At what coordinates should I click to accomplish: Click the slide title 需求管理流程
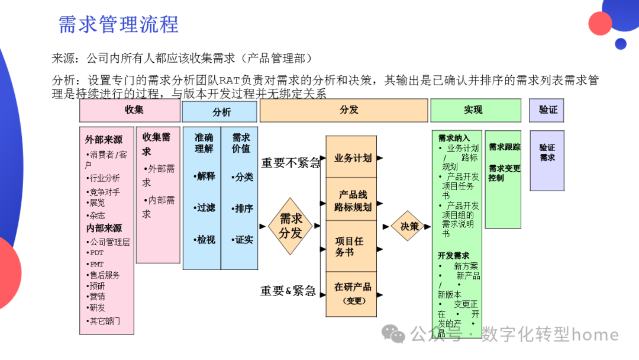[118, 24]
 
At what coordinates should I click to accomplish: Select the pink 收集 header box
[130, 110]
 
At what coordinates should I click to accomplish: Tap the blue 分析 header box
[220, 111]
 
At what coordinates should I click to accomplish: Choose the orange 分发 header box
[344, 110]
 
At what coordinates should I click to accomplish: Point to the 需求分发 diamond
[290, 226]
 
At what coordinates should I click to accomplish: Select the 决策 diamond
[409, 226]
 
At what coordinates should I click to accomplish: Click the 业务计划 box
[351, 158]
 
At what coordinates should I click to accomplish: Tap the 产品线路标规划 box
[351, 201]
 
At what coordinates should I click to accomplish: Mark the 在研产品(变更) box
[351, 293]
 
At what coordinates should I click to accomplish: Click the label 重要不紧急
[291, 163]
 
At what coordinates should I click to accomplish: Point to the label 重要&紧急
[288, 291]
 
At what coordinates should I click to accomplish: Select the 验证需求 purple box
[547, 153]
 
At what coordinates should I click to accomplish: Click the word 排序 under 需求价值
[244, 208]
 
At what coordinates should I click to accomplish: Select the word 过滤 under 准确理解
[206, 208]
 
